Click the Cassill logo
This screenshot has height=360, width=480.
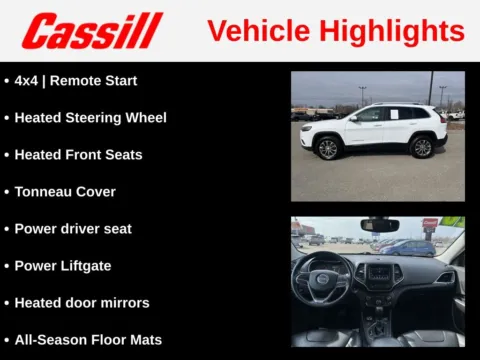point(92,30)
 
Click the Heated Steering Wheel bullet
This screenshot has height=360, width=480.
point(90,117)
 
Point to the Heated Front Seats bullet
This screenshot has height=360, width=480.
point(78,154)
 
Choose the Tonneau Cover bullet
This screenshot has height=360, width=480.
point(65,191)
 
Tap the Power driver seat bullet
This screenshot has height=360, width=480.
point(73,228)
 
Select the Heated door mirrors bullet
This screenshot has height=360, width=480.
point(82,302)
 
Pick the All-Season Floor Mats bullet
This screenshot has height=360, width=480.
point(88,339)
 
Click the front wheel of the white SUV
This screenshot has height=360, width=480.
point(327,149)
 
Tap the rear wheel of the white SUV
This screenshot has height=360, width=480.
point(422,147)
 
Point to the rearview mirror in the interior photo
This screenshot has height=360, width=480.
point(380,225)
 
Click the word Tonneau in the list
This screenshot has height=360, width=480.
point(44,191)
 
